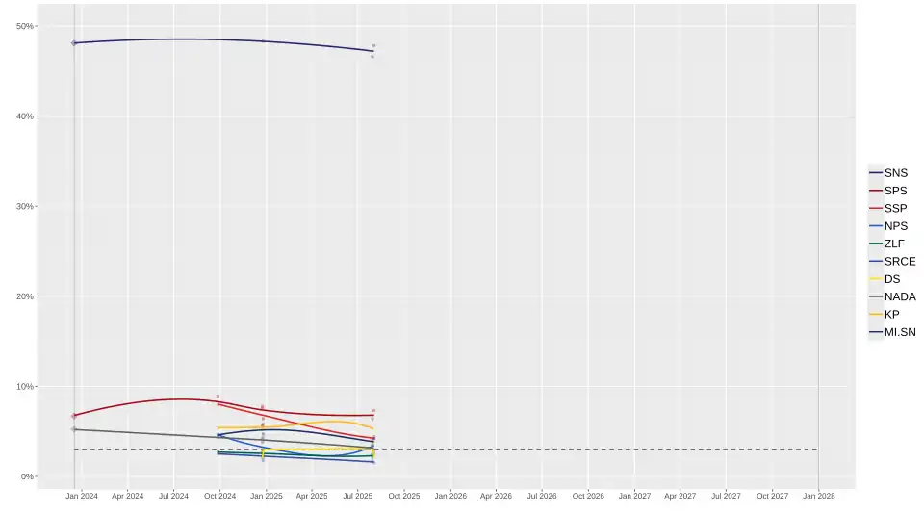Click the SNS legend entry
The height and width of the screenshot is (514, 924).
(x=895, y=173)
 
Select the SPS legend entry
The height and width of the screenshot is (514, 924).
(x=895, y=191)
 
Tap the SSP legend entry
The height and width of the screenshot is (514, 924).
(x=895, y=209)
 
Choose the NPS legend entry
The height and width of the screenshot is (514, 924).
(x=895, y=226)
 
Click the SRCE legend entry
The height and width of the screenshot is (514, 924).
(x=899, y=262)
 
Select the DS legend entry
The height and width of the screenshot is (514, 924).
(x=892, y=279)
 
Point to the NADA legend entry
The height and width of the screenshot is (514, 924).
(x=899, y=296)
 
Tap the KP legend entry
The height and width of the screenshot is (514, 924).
(x=891, y=315)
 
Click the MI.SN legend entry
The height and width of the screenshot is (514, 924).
(x=899, y=332)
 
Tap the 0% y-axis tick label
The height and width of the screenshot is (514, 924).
(x=27, y=476)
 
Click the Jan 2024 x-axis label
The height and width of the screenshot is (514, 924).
(x=82, y=497)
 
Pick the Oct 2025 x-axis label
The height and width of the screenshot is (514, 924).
(x=404, y=497)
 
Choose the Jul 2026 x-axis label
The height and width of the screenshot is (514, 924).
(x=542, y=497)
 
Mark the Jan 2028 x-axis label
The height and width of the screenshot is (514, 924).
(x=819, y=497)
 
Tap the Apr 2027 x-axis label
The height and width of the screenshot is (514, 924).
(x=680, y=497)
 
